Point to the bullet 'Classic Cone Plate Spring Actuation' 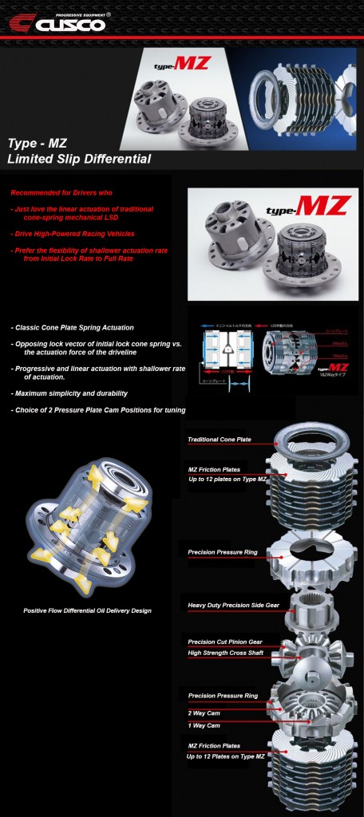73,327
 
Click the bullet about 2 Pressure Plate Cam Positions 98,409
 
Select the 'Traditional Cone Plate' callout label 219,439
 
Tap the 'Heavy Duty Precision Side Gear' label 232,606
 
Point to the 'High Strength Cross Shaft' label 225,653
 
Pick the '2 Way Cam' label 205,712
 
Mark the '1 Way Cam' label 205,726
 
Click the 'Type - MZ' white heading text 38,144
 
